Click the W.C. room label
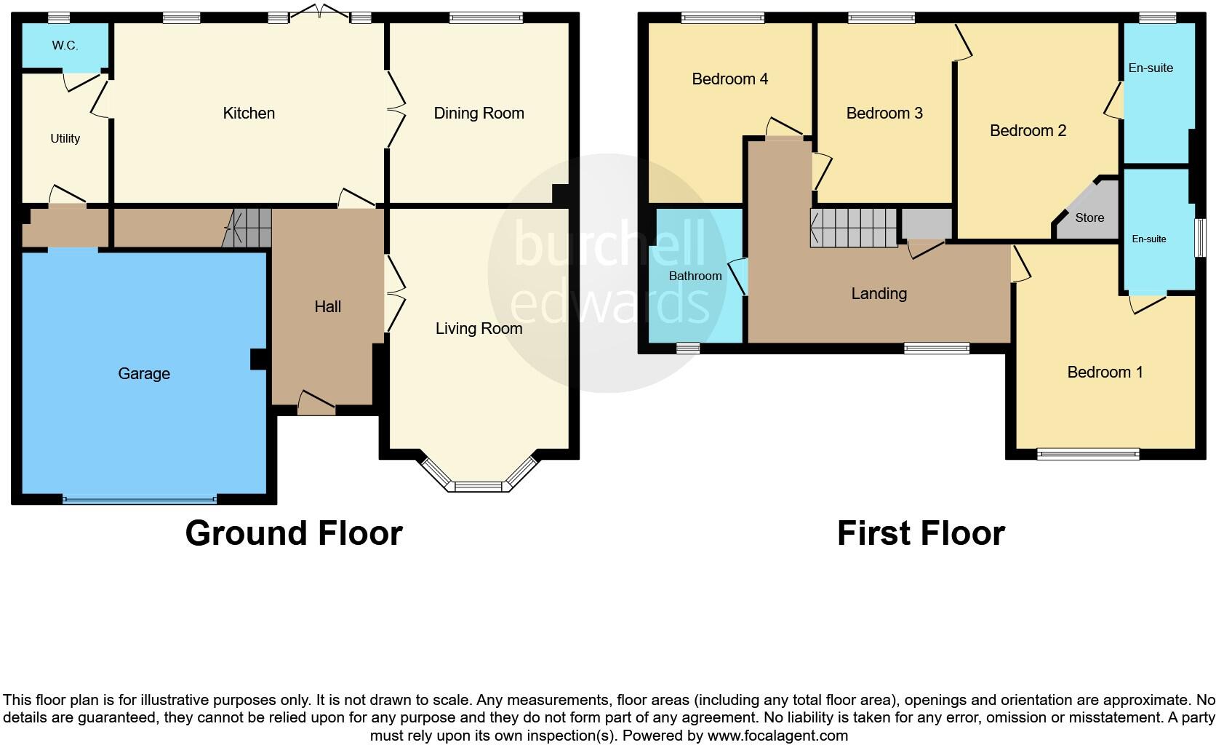(65, 45)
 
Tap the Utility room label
(65, 138)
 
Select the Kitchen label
(249, 113)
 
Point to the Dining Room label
(479, 113)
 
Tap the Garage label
(144, 373)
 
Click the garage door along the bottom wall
(140, 499)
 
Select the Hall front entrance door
(316, 404)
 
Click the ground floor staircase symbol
(247, 227)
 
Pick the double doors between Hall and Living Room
(393, 293)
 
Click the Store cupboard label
(1089, 218)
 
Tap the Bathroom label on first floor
(695, 276)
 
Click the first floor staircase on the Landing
(854, 228)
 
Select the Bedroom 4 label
(729, 79)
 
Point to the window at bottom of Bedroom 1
(1088, 455)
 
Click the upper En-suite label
(1151, 68)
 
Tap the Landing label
(879, 293)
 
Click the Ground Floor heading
(294, 533)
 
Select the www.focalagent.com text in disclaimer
(777, 735)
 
